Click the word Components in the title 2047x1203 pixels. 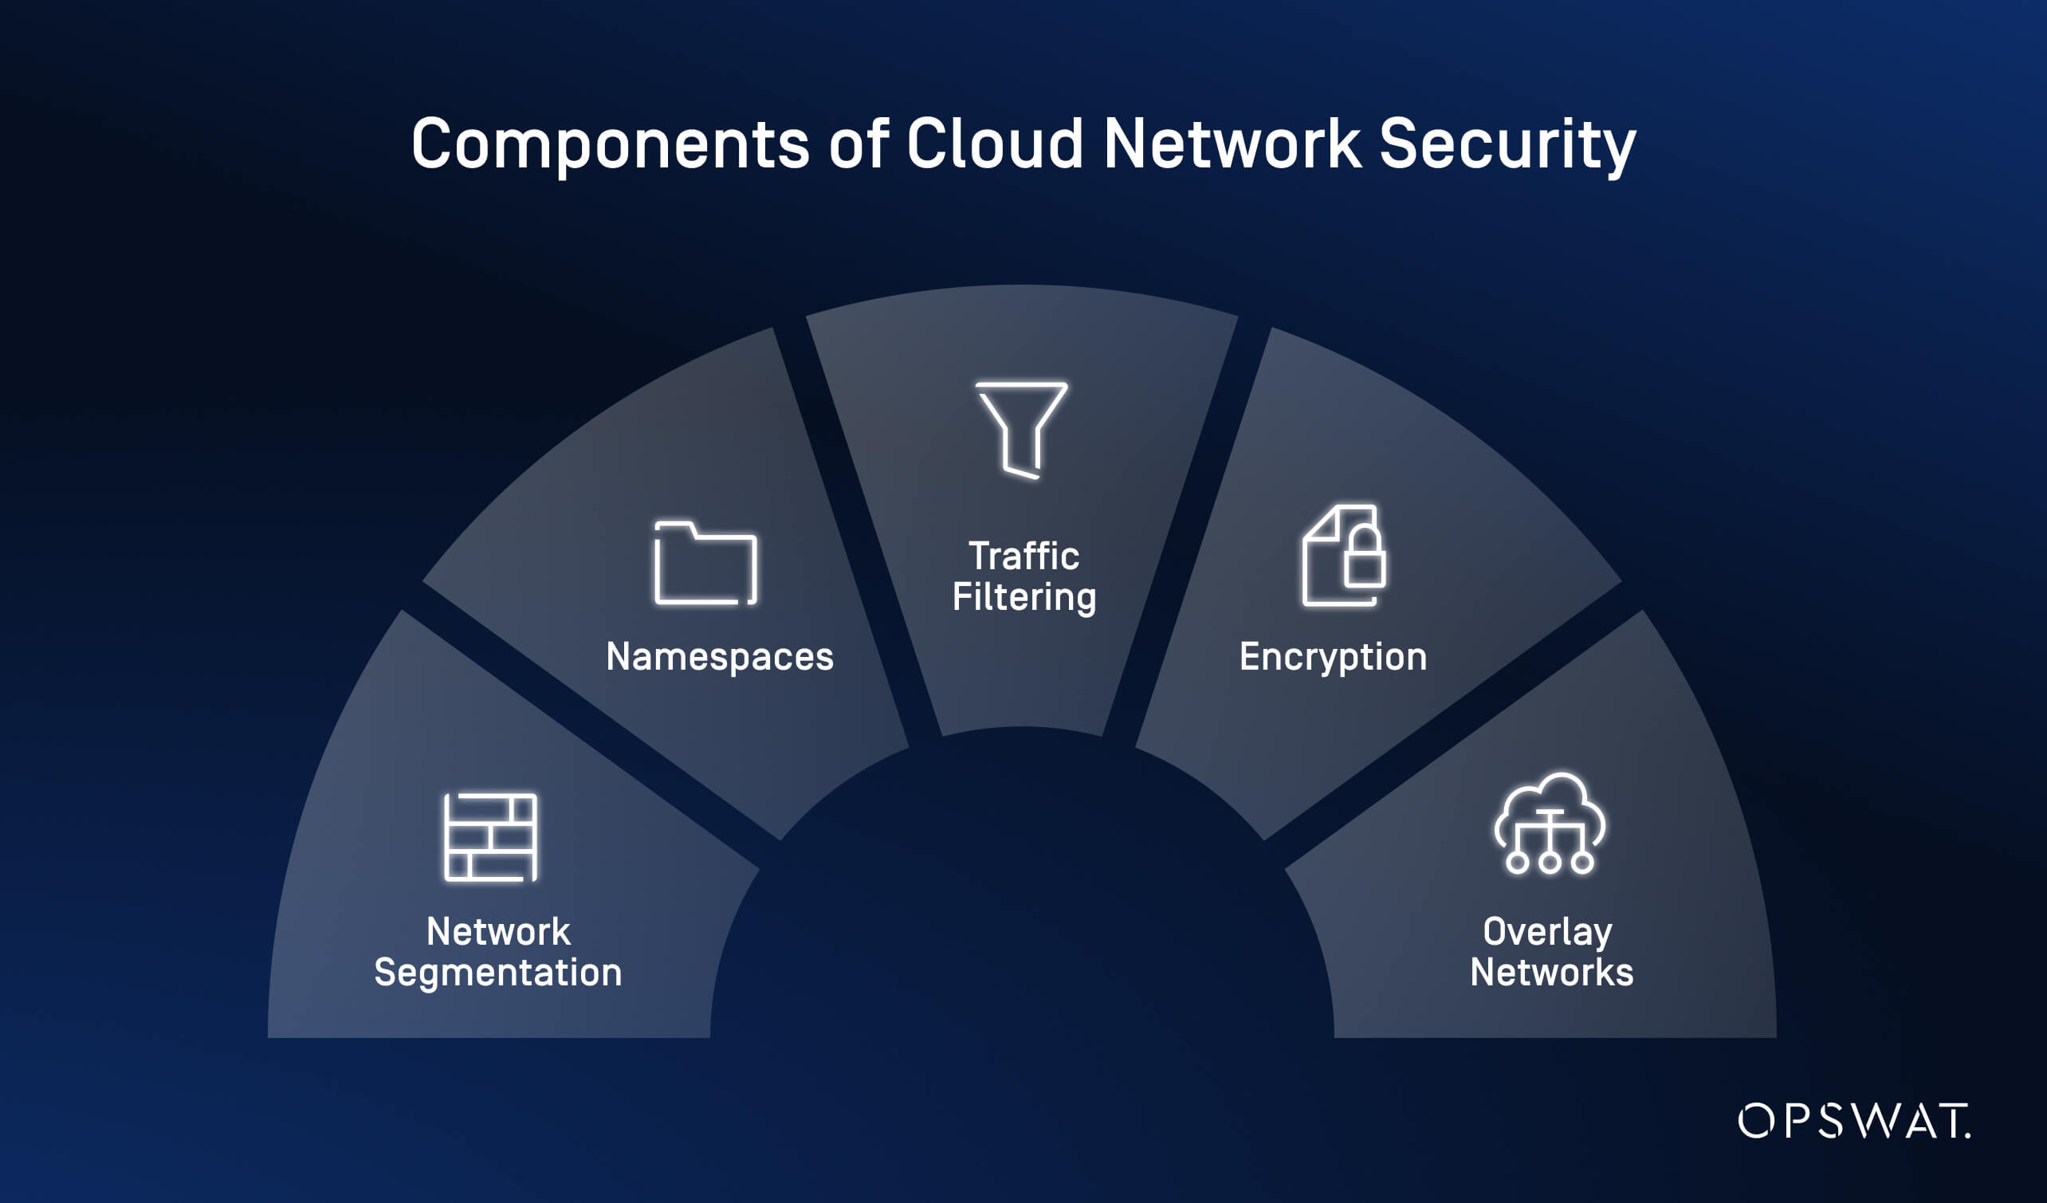click(x=610, y=144)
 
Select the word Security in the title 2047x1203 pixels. click(x=1507, y=144)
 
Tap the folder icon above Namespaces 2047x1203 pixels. click(x=705, y=563)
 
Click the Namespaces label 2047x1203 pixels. click(x=720, y=657)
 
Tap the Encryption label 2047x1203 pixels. click(x=1333, y=657)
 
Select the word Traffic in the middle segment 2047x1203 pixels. click(x=1023, y=556)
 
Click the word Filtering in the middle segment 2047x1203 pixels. click(x=1023, y=598)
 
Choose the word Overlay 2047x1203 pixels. click(x=1547, y=932)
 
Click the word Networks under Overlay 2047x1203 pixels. click(x=1551, y=973)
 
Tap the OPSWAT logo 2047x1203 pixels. click(x=1853, y=1121)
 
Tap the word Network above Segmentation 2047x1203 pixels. click(x=498, y=932)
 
